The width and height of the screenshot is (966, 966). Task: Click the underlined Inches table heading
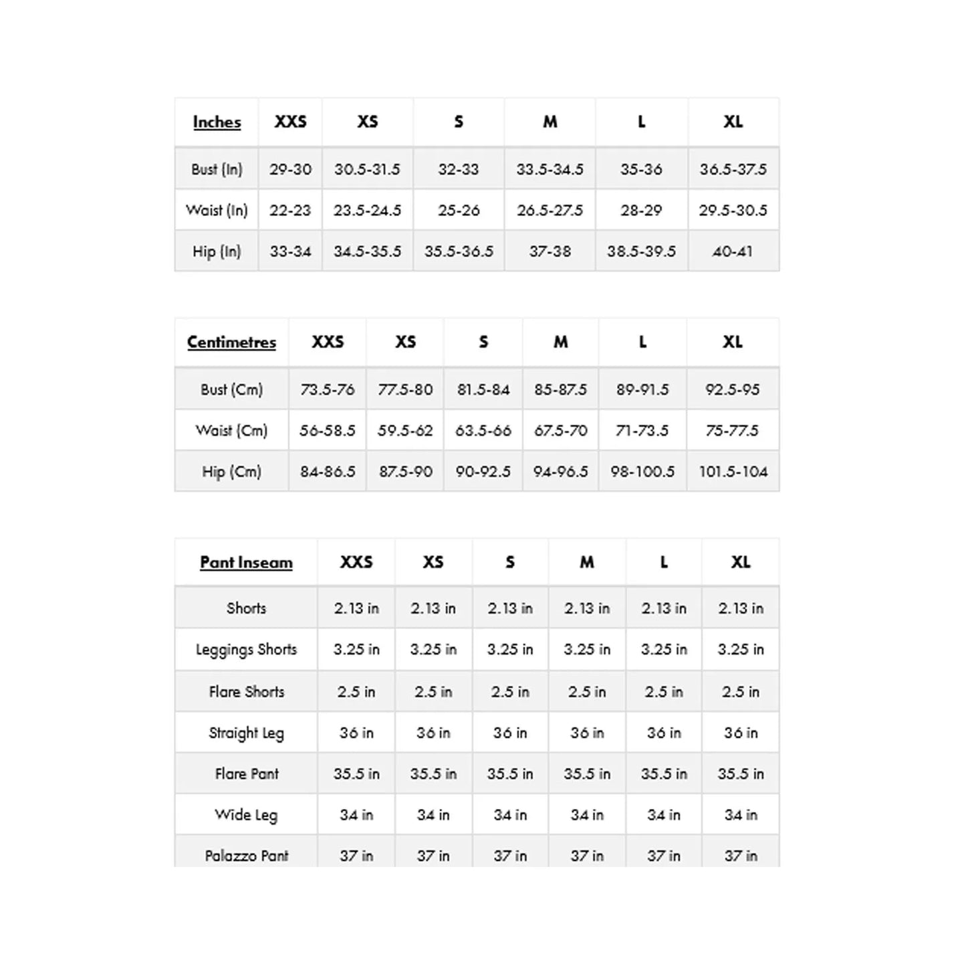[x=217, y=122]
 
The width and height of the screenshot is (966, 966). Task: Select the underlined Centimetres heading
[x=231, y=342]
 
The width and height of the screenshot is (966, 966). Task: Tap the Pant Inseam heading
[x=246, y=562]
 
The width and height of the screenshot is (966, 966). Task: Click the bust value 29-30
[x=290, y=169]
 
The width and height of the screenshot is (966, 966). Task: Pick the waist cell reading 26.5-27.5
[x=550, y=211]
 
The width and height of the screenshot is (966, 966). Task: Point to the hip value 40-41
[x=733, y=251]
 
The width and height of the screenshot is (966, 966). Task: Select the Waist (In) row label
[x=217, y=211]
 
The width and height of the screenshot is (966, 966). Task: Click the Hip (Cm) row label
[x=231, y=471]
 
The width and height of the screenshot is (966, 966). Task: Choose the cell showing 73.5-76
[x=327, y=389]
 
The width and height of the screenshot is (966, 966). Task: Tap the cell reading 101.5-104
[x=733, y=471]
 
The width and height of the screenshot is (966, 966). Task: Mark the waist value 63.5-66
[x=483, y=431]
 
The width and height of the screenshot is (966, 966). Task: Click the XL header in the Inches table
[x=733, y=122]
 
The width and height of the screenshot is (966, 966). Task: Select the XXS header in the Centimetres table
[x=328, y=342]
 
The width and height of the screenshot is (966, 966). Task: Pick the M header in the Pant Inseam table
[x=587, y=562]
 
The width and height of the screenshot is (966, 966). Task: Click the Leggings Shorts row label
[x=246, y=650]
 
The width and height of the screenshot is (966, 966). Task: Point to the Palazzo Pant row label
[x=246, y=856]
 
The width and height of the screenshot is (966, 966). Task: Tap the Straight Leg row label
[x=246, y=733]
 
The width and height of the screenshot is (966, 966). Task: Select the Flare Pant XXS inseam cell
[x=356, y=773]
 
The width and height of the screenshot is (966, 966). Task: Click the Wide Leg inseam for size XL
[x=741, y=815]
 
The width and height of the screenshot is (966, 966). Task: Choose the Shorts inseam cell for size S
[x=510, y=608]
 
